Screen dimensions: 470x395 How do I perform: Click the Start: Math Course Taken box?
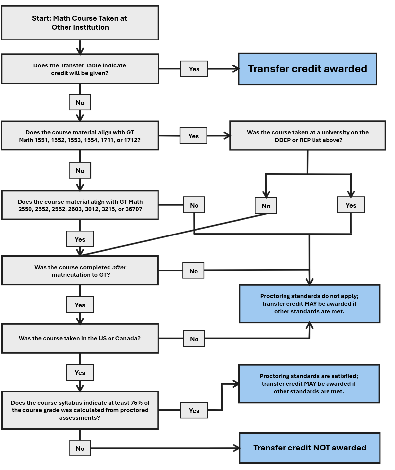(x=80, y=23)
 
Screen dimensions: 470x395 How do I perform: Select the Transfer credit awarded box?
(x=307, y=69)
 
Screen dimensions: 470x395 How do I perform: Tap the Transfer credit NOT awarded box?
(x=309, y=448)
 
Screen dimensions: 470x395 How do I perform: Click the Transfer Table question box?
(x=80, y=69)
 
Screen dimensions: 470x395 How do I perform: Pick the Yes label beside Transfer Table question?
(x=194, y=69)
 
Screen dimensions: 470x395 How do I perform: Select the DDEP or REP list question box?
(x=308, y=136)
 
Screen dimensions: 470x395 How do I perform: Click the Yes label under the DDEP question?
(x=351, y=205)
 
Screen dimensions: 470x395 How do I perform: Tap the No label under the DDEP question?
(x=266, y=206)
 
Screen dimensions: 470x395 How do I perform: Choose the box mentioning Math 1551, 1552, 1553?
(x=80, y=136)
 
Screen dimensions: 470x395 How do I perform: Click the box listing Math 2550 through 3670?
(x=80, y=205)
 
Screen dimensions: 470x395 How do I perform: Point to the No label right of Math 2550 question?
(x=194, y=205)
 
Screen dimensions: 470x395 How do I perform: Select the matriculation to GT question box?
(x=80, y=271)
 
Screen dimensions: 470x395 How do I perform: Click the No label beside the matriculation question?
(x=194, y=271)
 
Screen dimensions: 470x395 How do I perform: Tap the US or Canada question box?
(x=80, y=338)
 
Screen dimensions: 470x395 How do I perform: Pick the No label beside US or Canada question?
(x=194, y=339)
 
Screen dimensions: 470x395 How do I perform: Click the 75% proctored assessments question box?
(x=80, y=410)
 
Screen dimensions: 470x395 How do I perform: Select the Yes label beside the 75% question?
(x=194, y=410)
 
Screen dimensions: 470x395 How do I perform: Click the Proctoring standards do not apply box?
(x=309, y=304)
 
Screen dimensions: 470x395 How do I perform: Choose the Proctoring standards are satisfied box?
(x=309, y=384)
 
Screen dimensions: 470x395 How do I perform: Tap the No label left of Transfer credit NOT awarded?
(x=80, y=448)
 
